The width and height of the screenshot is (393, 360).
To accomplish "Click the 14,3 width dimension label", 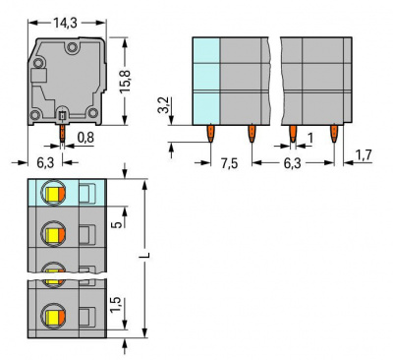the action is point(65,23).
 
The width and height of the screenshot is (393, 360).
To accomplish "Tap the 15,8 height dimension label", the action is point(125,81).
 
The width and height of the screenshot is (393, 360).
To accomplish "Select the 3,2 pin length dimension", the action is point(164,104).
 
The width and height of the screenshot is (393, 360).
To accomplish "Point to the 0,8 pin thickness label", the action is point(85,138).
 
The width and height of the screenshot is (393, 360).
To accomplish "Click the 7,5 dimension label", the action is point(229,163).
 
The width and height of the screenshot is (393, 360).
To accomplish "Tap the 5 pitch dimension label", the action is point(119,224).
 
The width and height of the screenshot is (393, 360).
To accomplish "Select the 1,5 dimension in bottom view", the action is point(116,305).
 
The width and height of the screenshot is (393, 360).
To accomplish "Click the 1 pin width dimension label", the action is point(309,138).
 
